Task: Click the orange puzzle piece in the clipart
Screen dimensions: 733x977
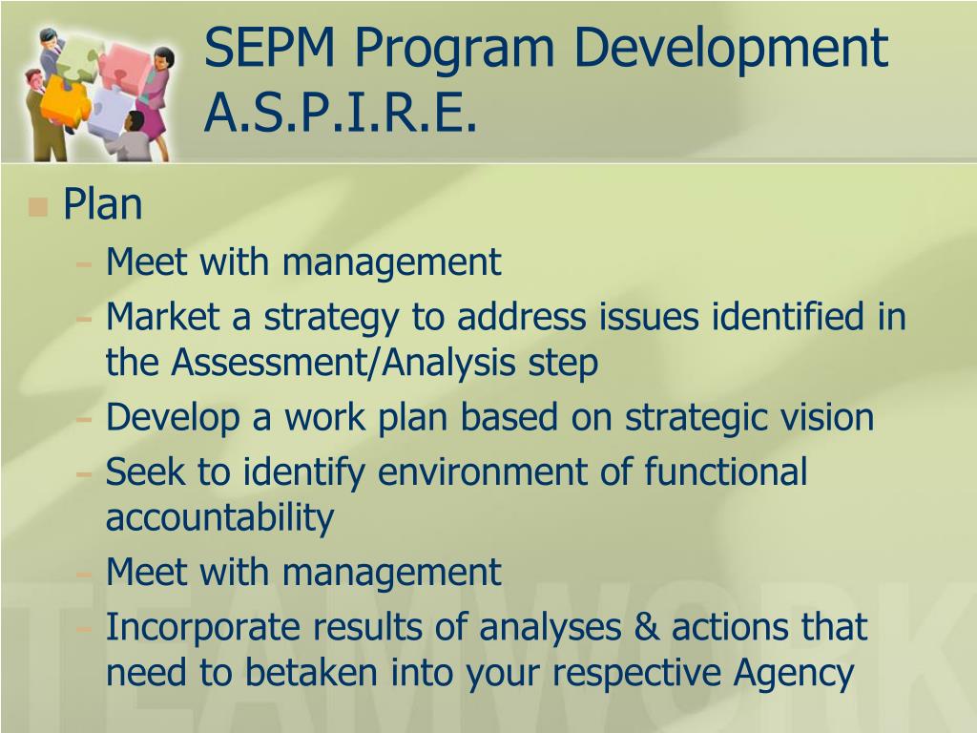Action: (65, 99)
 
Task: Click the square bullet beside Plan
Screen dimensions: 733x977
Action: (38, 206)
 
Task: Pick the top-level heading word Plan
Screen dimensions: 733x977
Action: (102, 204)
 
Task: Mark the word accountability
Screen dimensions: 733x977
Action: (219, 518)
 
